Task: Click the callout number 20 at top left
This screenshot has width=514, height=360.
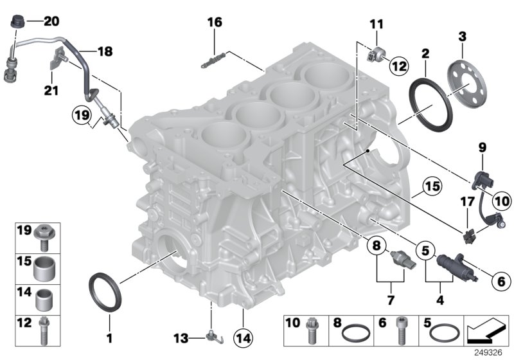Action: tap(51, 21)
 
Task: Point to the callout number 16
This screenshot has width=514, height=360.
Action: tap(214, 22)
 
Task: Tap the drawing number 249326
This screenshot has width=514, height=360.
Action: tap(488, 352)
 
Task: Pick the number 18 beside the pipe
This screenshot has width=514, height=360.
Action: tap(104, 50)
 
